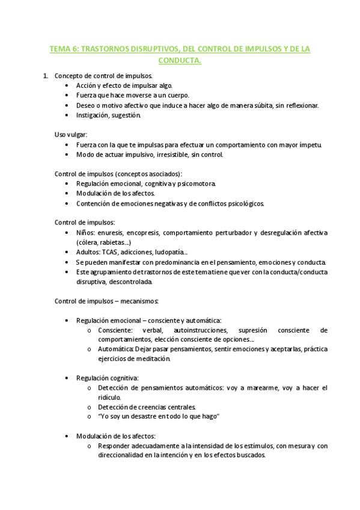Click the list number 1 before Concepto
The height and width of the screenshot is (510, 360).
[x=45, y=76]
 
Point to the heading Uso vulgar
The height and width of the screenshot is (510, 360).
[x=71, y=134]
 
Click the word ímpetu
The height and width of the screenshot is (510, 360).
[x=311, y=144]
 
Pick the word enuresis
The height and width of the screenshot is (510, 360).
[x=111, y=233]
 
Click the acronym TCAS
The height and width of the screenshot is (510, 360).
[x=112, y=253]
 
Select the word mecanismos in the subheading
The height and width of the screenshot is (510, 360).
[x=139, y=300]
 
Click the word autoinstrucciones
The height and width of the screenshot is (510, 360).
[x=200, y=330]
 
